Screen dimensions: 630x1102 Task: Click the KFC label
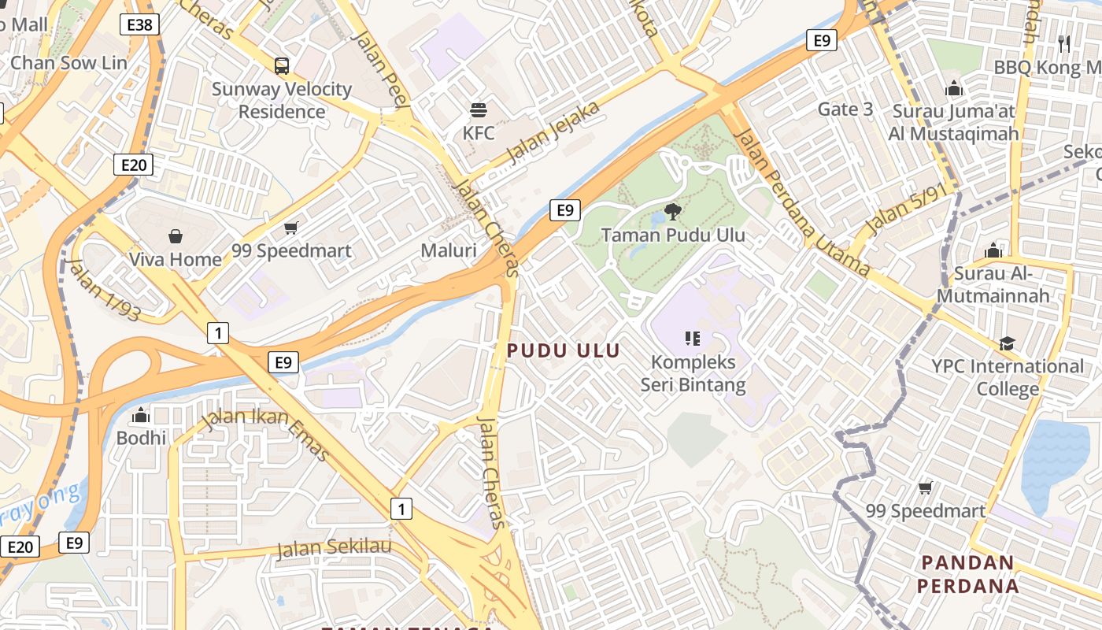[x=479, y=132]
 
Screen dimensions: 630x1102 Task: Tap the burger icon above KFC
[x=479, y=109]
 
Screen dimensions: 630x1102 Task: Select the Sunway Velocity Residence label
[x=282, y=100]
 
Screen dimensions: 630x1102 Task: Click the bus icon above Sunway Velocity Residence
[x=281, y=66]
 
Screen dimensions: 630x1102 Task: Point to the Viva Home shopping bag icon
[x=175, y=236]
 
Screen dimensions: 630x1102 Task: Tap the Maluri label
[x=449, y=250]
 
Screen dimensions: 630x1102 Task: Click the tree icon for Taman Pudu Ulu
[x=673, y=211]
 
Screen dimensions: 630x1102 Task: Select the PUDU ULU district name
[x=564, y=350]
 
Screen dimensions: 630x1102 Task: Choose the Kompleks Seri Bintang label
[x=693, y=373]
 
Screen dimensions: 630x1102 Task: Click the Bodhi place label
[x=142, y=437]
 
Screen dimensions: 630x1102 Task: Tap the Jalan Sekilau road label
[x=334, y=547]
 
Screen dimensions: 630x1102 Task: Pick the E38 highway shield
[x=141, y=25]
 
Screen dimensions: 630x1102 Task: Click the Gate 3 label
[x=845, y=109]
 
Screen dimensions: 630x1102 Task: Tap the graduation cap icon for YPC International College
[x=1007, y=343]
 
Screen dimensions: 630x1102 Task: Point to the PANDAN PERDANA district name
[x=967, y=574]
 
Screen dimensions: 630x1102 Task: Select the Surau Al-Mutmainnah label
[x=1002, y=284]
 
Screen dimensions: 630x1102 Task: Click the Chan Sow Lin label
[x=68, y=63]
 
